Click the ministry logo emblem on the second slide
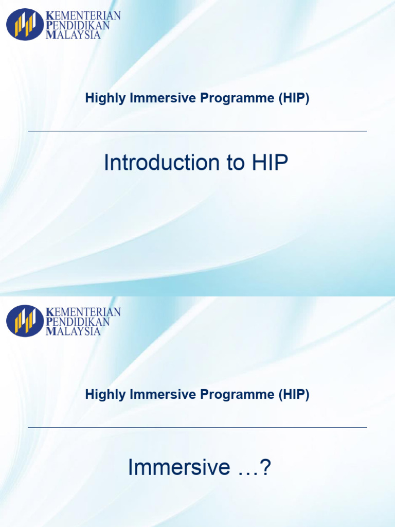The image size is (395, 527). coord(25,321)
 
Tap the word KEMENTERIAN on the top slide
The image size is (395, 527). coord(83,15)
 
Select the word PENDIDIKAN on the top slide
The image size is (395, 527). coord(78,25)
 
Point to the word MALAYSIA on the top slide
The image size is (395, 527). coord(74,35)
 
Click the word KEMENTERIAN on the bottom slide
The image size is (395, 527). coord(83,312)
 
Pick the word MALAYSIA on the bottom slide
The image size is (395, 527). coord(74,331)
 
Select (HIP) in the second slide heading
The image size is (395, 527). coord(294,395)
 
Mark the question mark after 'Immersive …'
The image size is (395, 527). coord(265,468)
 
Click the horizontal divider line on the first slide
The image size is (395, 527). coord(197,131)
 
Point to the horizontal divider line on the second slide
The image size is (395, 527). coord(197,427)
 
